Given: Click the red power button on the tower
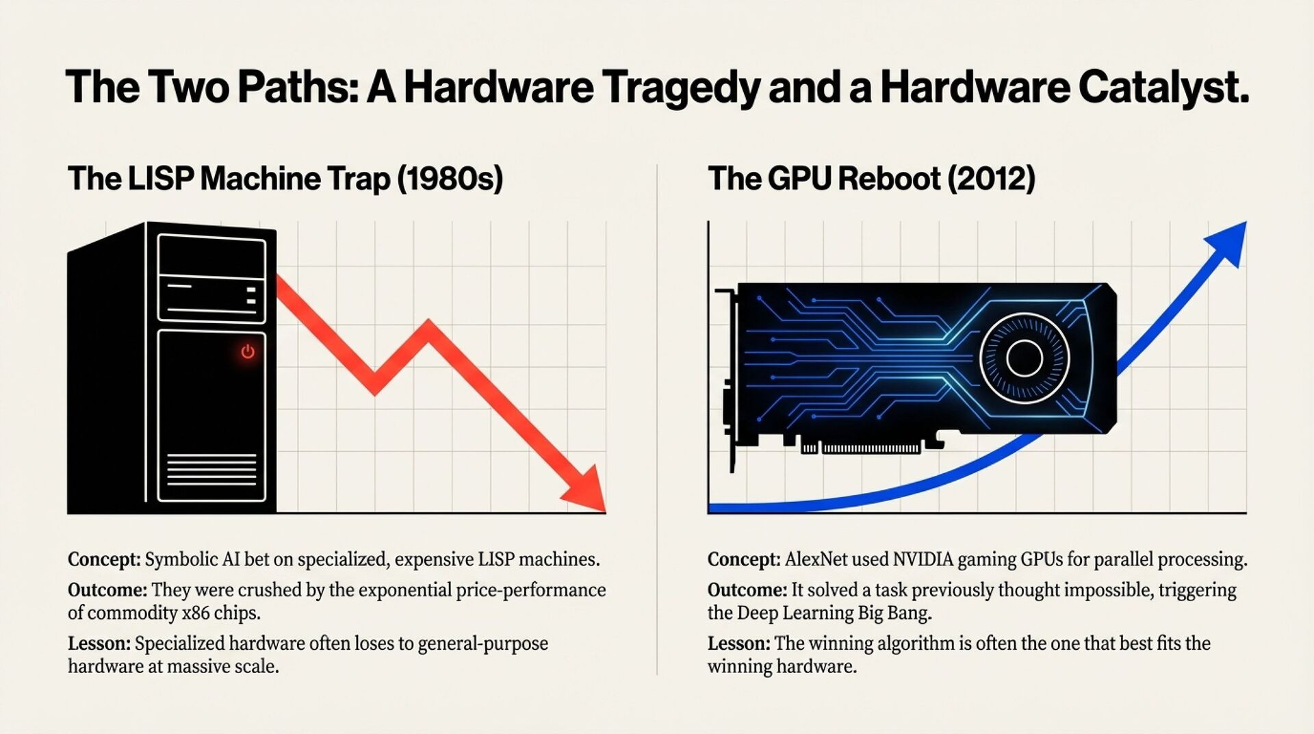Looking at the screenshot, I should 248,351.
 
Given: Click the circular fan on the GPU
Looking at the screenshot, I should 1024,357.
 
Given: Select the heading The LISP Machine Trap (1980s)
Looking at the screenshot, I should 285,179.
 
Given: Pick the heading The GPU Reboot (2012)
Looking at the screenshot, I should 871,179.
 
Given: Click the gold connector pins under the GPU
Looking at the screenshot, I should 871,448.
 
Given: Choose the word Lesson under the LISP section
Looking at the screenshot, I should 99,644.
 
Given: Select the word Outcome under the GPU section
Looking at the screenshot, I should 747,590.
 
